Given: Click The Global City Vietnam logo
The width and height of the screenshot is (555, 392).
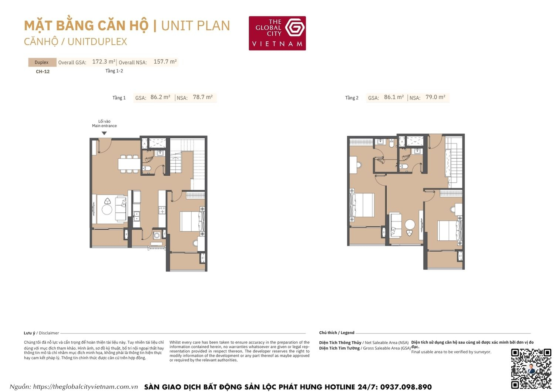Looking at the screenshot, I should pos(277,33).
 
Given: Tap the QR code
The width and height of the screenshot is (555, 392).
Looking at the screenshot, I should pos(531,368).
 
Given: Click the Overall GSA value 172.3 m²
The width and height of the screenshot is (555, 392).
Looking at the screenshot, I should pos(104,62).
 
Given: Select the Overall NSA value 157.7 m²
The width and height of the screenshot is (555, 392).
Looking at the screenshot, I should pos(165,62).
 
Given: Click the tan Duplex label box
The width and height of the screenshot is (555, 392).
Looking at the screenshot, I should pos(42,62).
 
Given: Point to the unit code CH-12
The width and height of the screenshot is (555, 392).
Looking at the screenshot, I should pos(43,72).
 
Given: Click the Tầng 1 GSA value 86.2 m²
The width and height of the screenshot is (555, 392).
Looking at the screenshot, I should pos(160,97).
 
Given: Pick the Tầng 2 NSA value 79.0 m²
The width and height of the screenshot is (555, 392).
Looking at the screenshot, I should pos(435,97).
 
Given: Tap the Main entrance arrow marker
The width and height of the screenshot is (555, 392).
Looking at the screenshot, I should pos(104,133).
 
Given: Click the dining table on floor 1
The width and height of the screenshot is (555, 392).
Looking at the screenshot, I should pos(128,164).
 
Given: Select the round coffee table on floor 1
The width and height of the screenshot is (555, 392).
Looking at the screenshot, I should pos(107,210).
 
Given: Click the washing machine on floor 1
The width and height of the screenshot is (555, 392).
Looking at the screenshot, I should pos(157,235).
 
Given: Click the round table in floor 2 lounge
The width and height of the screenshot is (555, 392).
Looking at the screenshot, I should pos(410,224).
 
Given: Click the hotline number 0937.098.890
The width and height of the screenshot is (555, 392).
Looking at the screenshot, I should pos(406,387).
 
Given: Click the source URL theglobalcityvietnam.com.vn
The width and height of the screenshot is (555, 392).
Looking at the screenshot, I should pos(85,387).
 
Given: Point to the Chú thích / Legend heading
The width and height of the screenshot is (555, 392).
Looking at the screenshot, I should pos(337,333).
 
